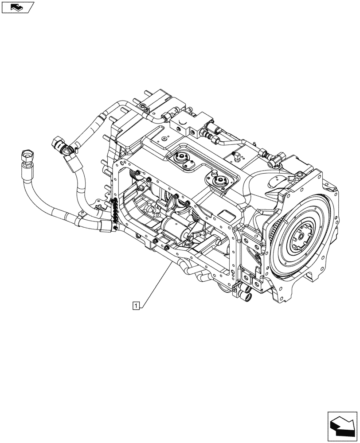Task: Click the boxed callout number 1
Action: (x=137, y=305)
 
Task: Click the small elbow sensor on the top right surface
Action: (x=237, y=155)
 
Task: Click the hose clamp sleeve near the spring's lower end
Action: (x=106, y=226)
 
